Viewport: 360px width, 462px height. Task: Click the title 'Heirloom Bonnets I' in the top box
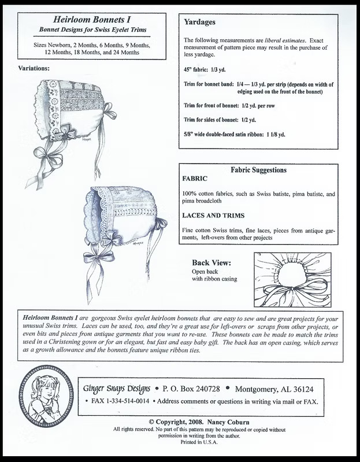[92, 20]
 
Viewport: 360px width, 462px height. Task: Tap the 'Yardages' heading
[199, 22]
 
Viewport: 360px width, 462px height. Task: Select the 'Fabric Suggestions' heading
[258, 170]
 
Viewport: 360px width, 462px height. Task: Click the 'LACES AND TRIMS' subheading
[213, 215]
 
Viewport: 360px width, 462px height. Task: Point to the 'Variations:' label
[34, 68]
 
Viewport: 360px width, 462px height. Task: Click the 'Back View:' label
[211, 263]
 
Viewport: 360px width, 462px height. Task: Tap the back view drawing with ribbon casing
[292, 280]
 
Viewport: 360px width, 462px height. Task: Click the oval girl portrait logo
[46, 396]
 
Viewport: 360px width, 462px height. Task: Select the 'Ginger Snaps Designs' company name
[117, 389]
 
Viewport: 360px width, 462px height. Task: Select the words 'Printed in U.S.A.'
[199, 442]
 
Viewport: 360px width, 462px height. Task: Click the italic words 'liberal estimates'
[285, 40]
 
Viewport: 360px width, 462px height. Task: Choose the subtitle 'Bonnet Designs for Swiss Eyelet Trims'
[92, 29]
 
